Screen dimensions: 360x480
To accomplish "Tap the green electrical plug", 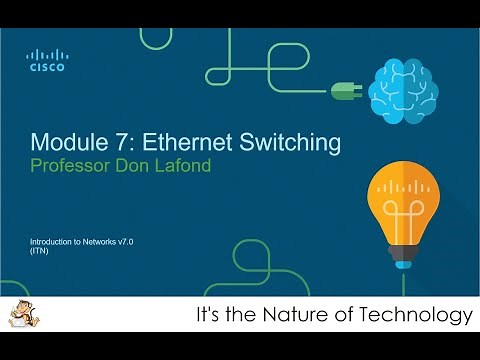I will [x=345, y=91].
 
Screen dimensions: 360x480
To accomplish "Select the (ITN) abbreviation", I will [x=40, y=254].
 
